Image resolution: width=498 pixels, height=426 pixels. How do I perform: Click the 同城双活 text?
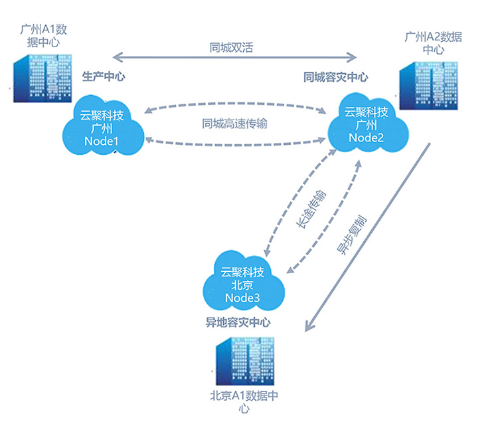click(230, 47)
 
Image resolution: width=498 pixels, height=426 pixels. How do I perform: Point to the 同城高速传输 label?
click(235, 124)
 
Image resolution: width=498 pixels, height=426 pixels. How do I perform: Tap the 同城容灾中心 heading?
click(336, 77)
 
